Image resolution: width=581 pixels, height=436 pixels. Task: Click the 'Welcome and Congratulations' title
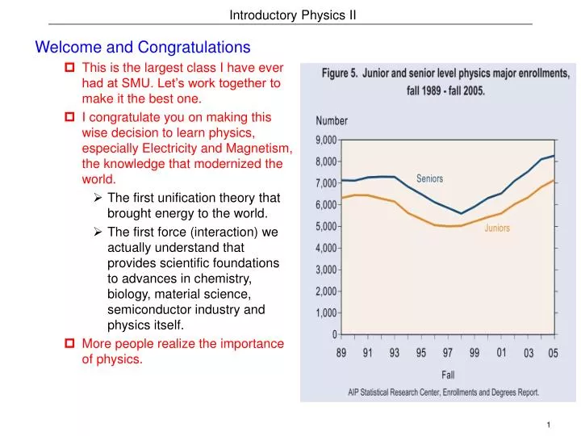pyautogui.click(x=143, y=48)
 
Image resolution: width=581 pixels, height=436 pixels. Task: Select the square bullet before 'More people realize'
pyautogui.click(x=69, y=344)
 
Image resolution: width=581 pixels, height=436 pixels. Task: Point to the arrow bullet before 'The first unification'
pyautogui.click(x=97, y=198)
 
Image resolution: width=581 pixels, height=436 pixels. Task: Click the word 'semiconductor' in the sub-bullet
pyautogui.click(x=146, y=310)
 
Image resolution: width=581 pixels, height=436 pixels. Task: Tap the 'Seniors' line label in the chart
pyautogui.click(x=429, y=178)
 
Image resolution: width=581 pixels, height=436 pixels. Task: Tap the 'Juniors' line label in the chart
pyautogui.click(x=497, y=228)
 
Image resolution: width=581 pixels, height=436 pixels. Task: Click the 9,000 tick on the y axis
pyautogui.click(x=325, y=140)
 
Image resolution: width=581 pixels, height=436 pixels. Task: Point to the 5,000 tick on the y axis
pyautogui.click(x=325, y=227)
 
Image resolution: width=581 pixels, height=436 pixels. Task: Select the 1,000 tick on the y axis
pyautogui.click(x=325, y=313)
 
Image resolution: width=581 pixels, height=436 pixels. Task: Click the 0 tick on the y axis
pyautogui.click(x=334, y=334)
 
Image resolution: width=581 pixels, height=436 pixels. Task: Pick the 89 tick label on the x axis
pyautogui.click(x=342, y=352)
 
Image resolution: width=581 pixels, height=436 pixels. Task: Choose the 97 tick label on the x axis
pyautogui.click(x=448, y=352)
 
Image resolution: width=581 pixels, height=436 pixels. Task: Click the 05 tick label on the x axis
pyautogui.click(x=554, y=353)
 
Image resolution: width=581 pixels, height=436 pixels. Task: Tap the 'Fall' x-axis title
pyautogui.click(x=448, y=375)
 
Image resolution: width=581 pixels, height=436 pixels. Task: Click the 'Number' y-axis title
pyautogui.click(x=332, y=121)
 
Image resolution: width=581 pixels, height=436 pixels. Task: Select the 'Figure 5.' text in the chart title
pyautogui.click(x=341, y=73)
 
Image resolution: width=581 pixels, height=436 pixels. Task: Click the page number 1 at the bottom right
pyautogui.click(x=548, y=425)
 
